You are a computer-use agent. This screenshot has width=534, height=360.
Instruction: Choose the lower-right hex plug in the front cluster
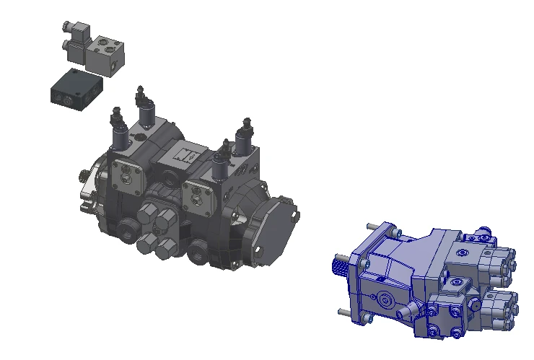pyautogui.click(x=165, y=248)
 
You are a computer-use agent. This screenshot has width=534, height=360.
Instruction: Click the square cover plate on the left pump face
pyautogui.click(x=131, y=173)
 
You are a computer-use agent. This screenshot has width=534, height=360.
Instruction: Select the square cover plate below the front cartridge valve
pyautogui.click(x=198, y=192)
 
